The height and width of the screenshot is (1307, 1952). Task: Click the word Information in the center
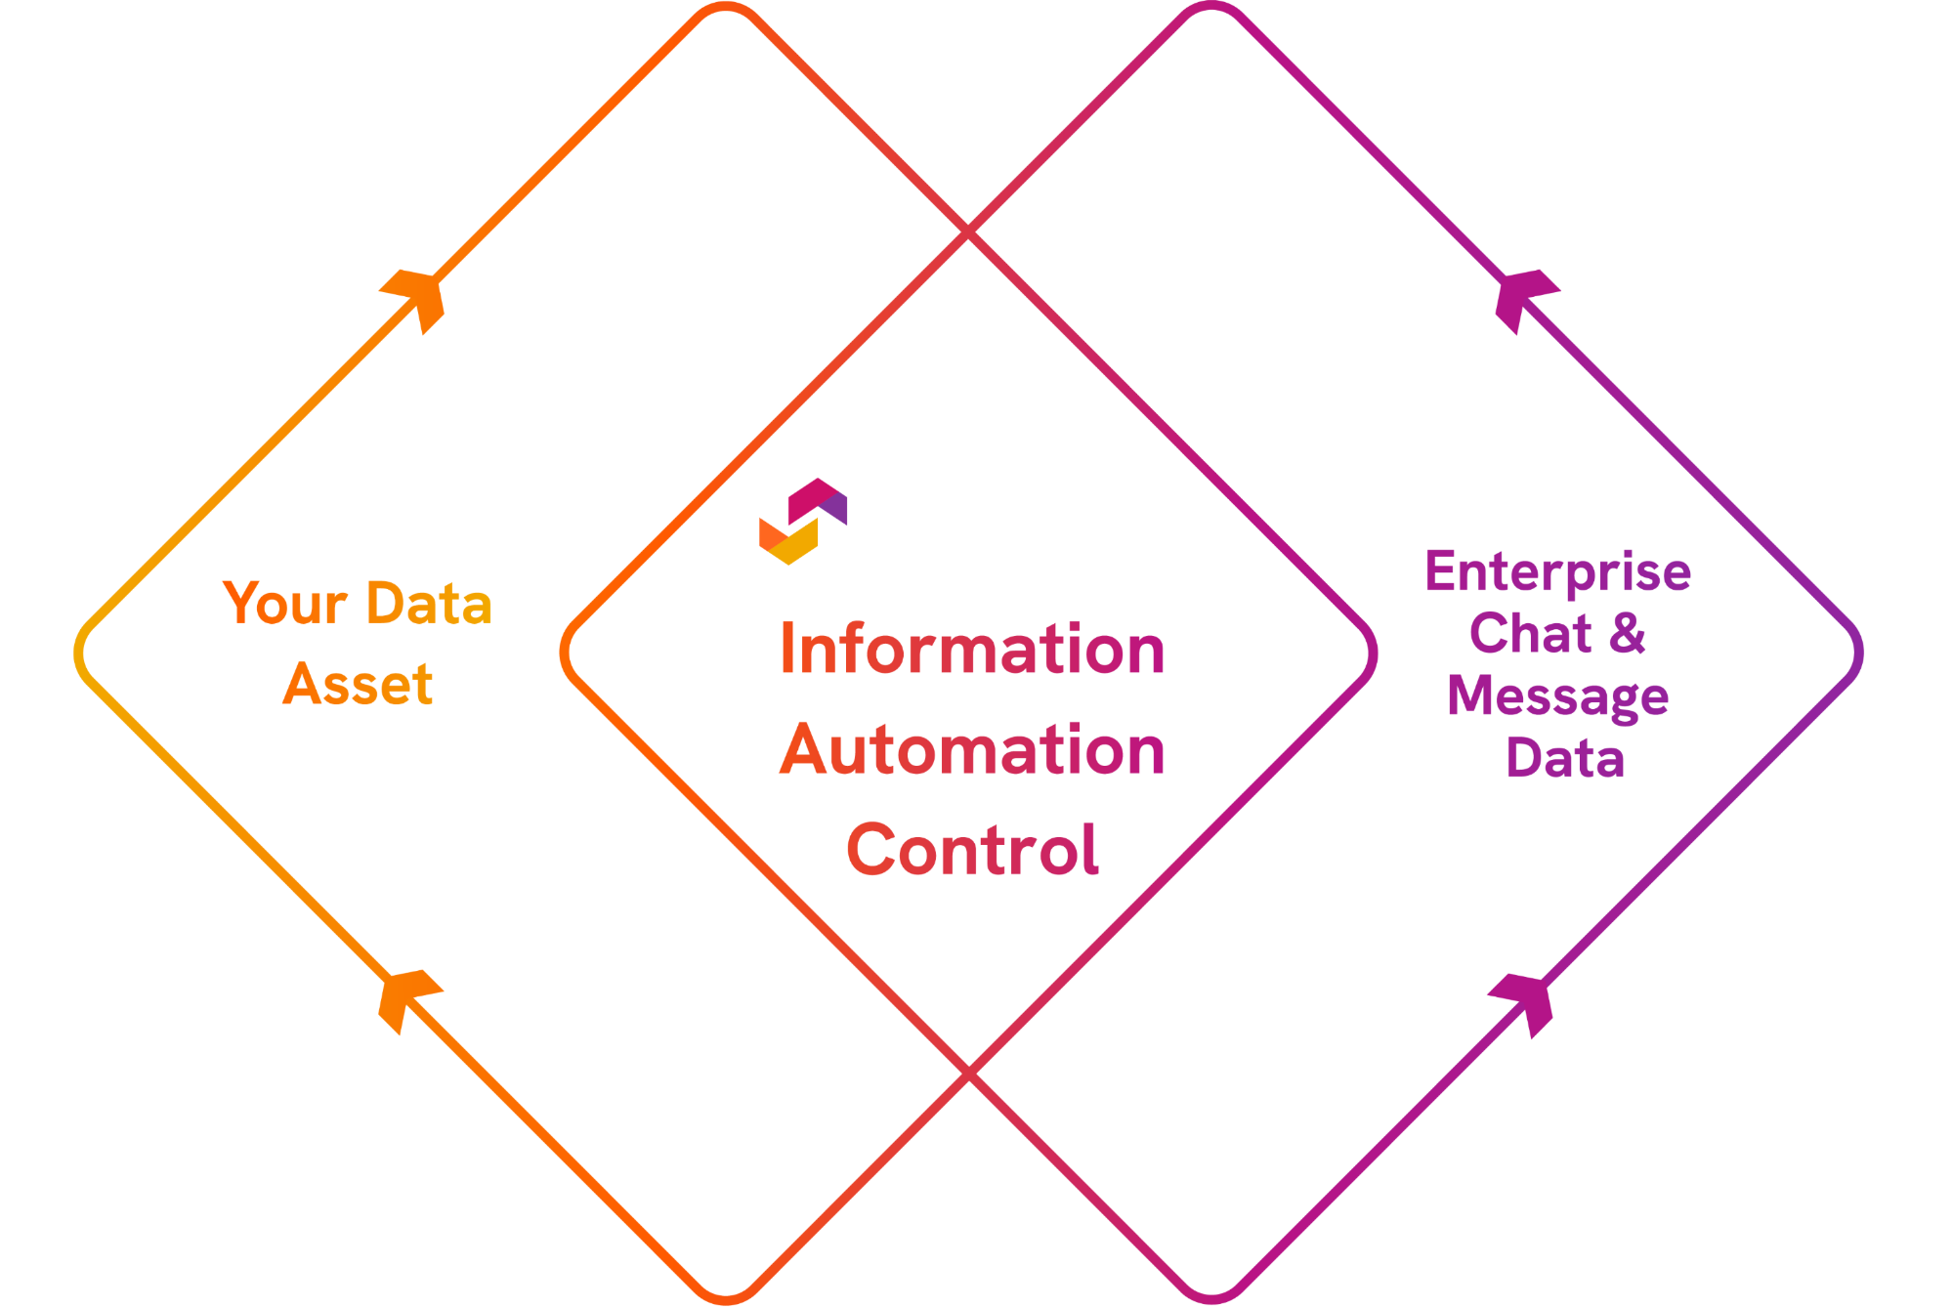click(x=972, y=649)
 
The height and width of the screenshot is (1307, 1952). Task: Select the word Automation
click(x=972, y=749)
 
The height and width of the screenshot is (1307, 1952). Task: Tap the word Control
click(x=972, y=849)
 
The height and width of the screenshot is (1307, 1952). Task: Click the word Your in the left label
click(x=284, y=603)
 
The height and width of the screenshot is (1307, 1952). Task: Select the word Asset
click(x=358, y=683)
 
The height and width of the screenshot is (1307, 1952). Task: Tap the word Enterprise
click(x=1557, y=571)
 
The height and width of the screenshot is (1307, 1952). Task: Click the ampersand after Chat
click(x=1628, y=633)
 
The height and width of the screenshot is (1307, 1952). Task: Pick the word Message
click(x=1557, y=696)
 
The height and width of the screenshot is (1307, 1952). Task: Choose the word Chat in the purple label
click(x=1530, y=633)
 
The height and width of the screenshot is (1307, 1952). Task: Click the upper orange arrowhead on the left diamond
click(x=418, y=296)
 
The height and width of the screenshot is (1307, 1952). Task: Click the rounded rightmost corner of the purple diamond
click(x=1858, y=653)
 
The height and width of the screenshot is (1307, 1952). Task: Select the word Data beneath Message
click(x=1564, y=758)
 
